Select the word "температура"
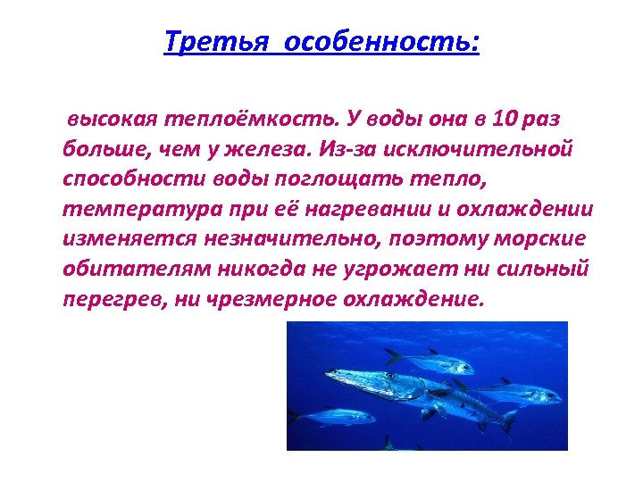(132, 209)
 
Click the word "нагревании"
(344, 209)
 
